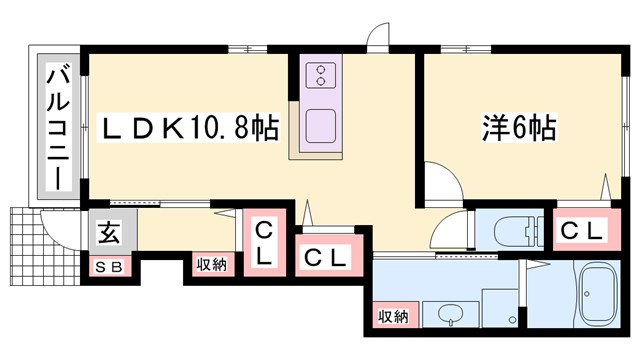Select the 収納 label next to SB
[x=211, y=265]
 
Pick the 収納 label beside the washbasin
[x=392, y=316]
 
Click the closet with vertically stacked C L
[x=263, y=244]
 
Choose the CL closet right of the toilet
[x=581, y=231]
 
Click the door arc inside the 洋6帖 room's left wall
[x=441, y=183]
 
